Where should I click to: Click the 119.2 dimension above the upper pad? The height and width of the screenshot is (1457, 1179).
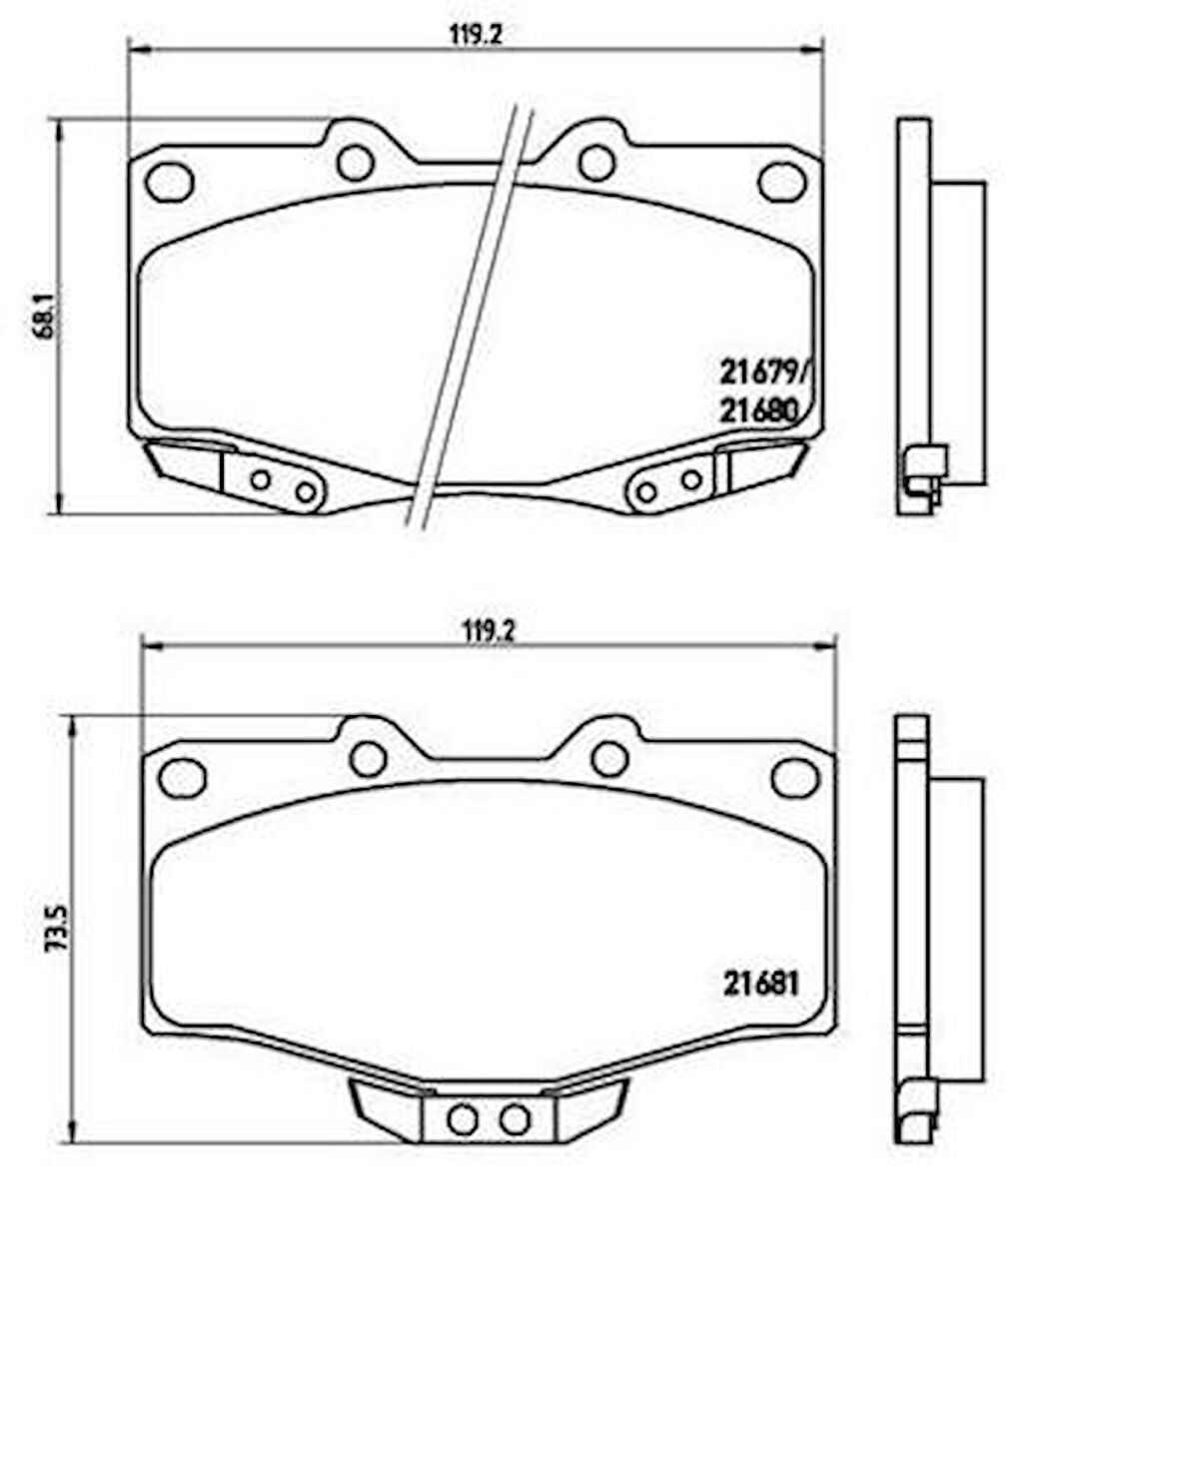[x=473, y=35]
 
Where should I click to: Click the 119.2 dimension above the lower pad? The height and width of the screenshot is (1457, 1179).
[x=488, y=630]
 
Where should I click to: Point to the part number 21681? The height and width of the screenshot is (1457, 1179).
[x=761, y=985]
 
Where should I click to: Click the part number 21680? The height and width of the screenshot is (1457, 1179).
[x=757, y=410]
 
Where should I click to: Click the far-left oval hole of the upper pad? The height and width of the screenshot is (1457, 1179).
[x=169, y=181]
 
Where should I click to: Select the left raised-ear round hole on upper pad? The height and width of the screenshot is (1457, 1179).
[x=355, y=163]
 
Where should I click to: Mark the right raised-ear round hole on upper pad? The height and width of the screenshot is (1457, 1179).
[x=596, y=163]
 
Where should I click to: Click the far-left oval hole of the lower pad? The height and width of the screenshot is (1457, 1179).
[x=183, y=777]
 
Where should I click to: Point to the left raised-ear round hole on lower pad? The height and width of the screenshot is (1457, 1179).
[x=369, y=759]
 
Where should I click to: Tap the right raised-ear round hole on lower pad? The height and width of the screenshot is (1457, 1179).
[x=609, y=759]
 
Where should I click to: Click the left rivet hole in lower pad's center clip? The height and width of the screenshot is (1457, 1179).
[x=463, y=1119]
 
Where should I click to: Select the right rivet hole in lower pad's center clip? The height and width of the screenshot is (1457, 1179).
[x=515, y=1119]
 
